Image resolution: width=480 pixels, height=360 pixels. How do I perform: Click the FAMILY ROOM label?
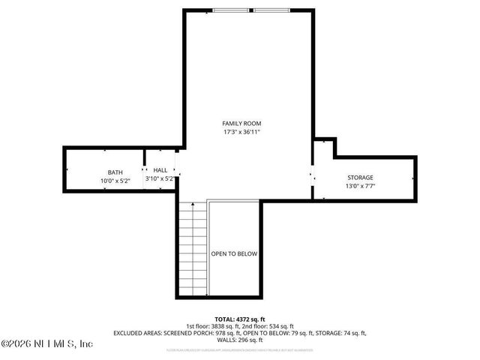coord(241,123)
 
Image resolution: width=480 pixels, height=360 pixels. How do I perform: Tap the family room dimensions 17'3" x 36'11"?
coord(241,133)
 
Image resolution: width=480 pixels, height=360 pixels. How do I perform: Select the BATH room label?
coord(114,172)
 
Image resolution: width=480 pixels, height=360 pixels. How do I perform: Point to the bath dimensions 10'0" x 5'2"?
coord(115,181)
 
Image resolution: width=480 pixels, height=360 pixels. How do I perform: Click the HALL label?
coord(160,170)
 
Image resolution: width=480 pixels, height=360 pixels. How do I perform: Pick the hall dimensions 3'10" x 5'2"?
coord(160,179)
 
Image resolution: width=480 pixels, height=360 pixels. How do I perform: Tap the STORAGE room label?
coord(359,178)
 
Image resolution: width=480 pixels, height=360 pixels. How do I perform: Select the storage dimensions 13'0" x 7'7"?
coord(359,187)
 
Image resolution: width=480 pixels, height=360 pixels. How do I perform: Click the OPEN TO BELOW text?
coord(234,253)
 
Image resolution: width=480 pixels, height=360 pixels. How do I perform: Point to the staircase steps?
coord(193,247)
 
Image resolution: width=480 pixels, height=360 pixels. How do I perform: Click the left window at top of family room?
coord(230,10)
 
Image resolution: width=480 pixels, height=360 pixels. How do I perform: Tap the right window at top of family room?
coord(271,10)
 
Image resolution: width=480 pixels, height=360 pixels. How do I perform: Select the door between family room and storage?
coord(313,178)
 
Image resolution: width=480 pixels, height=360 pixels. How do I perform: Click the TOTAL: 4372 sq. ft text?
coord(241,318)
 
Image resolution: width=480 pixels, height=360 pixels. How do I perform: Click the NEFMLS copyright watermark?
coord(46,344)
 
